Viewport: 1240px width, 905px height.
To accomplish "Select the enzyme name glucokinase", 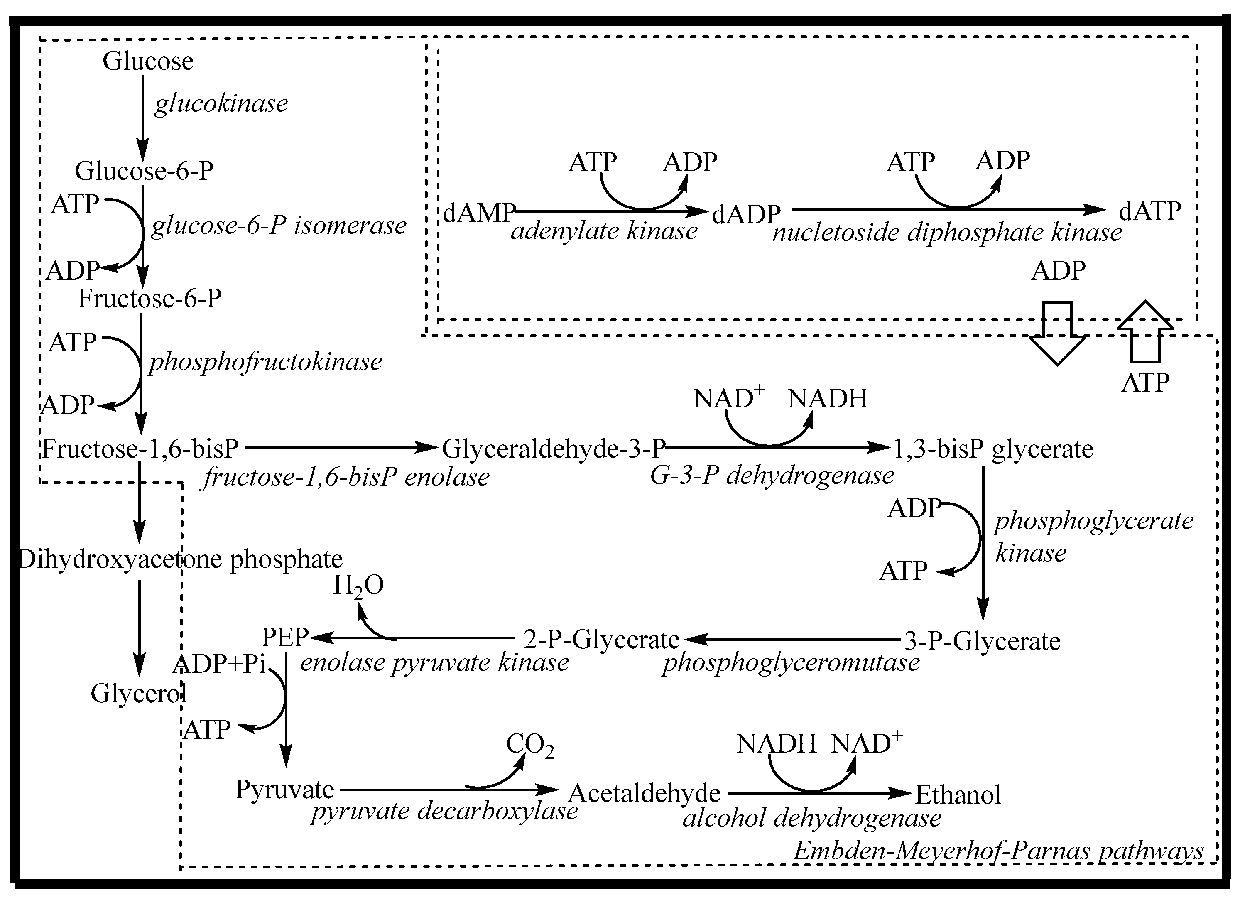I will click(x=221, y=103).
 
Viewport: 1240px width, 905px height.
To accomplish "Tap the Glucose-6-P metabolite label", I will click(x=144, y=171).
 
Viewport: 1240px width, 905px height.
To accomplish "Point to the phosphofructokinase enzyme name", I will click(x=266, y=362).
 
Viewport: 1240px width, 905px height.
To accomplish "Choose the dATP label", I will click(x=1149, y=211).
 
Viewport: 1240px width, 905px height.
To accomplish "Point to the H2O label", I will click(x=358, y=586).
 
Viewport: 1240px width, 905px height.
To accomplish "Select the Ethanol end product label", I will click(x=958, y=795).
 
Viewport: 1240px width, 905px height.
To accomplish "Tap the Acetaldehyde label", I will click(x=644, y=793).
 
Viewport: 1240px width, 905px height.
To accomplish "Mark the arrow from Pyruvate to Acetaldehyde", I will click(x=449, y=790).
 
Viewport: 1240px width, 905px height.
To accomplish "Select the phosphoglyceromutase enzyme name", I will click(x=791, y=662).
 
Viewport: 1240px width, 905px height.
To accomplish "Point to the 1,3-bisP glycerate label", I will click(x=993, y=449).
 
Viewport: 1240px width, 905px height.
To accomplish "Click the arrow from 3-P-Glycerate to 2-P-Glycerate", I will click(x=792, y=638).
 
